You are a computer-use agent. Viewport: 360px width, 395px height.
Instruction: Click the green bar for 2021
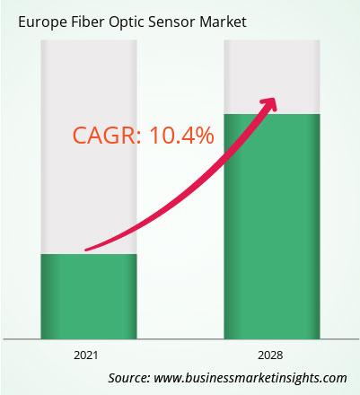click(89, 296)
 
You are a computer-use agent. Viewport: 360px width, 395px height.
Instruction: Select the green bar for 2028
click(272, 226)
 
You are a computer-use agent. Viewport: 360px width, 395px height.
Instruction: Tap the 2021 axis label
click(86, 355)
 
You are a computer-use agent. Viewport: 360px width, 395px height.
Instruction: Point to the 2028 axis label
click(270, 355)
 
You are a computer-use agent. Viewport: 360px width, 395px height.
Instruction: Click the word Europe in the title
click(41, 22)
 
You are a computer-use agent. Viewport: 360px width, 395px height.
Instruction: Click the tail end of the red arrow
click(86, 250)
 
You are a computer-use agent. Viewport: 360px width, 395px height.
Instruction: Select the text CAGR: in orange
click(107, 135)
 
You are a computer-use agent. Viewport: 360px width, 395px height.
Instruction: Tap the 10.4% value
click(181, 135)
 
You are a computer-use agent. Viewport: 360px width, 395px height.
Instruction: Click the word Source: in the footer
click(129, 378)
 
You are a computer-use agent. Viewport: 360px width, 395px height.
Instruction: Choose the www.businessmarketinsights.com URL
click(250, 378)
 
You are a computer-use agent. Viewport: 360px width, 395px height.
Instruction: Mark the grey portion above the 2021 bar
click(89, 147)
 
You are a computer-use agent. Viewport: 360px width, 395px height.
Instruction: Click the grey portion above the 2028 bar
click(272, 77)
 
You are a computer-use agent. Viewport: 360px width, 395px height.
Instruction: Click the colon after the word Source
click(148, 379)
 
